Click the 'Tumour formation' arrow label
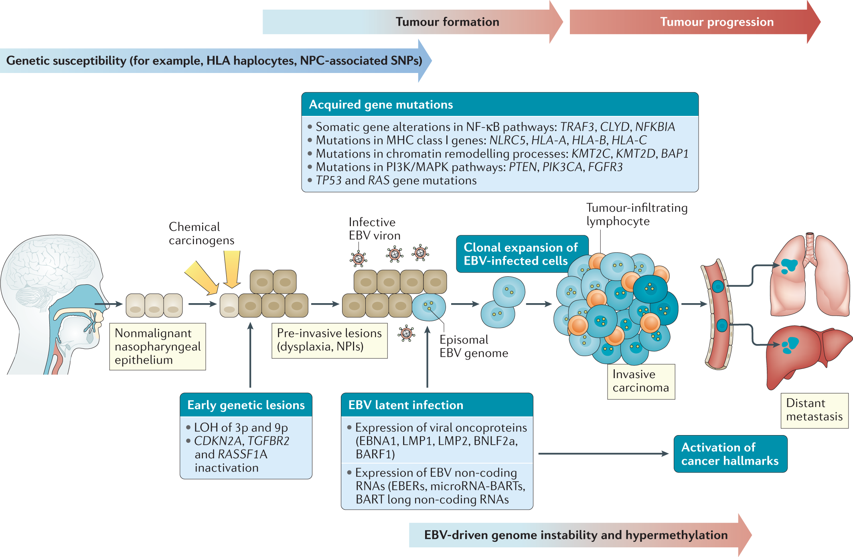[447, 22]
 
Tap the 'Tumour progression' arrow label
[717, 22]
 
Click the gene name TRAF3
[577, 127]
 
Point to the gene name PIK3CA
[562, 167]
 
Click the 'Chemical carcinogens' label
[201, 233]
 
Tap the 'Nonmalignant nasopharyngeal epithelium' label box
[157, 346]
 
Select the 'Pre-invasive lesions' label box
[329, 340]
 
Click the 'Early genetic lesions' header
[246, 405]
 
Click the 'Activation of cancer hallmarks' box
[730, 454]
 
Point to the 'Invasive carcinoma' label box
[640, 381]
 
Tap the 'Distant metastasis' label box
[814, 410]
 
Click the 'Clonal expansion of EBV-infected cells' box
[520, 254]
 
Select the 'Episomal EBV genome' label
[473, 346]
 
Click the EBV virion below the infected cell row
[406, 333]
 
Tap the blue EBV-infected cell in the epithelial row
[429, 307]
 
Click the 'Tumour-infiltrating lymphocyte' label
[636, 215]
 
